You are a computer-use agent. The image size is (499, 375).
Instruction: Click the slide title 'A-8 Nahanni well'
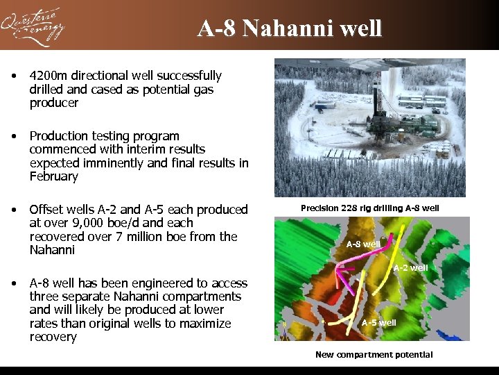pyautogui.click(x=289, y=28)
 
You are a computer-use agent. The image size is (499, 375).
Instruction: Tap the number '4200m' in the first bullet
pyautogui.click(x=48, y=76)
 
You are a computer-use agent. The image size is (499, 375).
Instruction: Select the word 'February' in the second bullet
pyautogui.click(x=54, y=176)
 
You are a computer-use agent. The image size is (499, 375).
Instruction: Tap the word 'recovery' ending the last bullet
pyautogui.click(x=53, y=337)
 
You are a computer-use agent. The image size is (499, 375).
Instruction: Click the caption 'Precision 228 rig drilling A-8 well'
pyautogui.click(x=369, y=208)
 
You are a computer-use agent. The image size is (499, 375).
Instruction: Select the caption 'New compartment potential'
pyautogui.click(x=374, y=355)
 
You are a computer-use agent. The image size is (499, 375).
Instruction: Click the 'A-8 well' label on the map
pyautogui.click(x=363, y=244)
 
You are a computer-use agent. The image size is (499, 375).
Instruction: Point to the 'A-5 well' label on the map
pyautogui.click(x=378, y=322)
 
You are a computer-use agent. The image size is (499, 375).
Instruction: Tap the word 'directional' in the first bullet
pyautogui.click(x=100, y=76)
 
